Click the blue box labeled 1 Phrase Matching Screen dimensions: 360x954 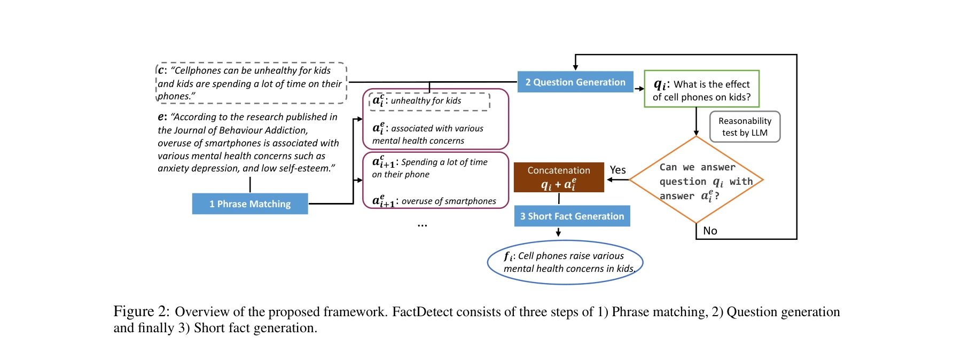click(250, 204)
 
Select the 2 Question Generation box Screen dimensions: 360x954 click(575, 82)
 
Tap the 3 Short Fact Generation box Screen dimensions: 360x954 click(572, 216)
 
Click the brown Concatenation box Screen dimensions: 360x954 click(559, 177)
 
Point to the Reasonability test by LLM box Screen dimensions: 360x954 click(745, 127)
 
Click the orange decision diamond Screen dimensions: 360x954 click(696, 180)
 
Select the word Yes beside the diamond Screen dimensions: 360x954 click(617, 170)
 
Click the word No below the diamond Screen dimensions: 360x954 click(710, 231)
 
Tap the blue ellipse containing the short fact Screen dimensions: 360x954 click(565, 262)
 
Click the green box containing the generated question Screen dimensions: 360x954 click(701, 89)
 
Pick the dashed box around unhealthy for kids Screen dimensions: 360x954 click(429, 101)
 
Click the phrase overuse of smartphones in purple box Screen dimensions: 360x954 click(449, 201)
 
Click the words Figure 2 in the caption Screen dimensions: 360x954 click(141, 312)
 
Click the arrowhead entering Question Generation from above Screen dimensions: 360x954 click(575, 67)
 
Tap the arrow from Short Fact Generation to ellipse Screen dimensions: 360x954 click(558, 232)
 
